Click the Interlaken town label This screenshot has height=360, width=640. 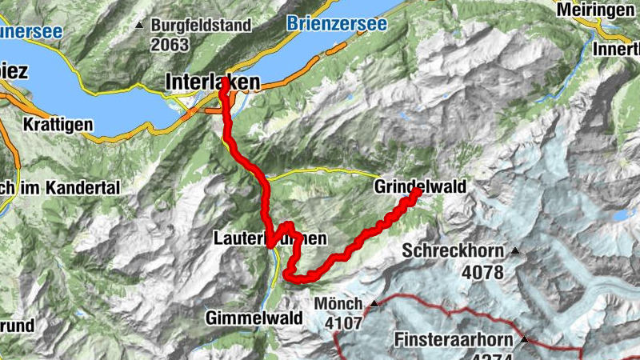tap(212, 82)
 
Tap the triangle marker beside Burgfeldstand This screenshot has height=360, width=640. tap(141, 26)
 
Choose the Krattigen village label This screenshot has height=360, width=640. tap(58, 126)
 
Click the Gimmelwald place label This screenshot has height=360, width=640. tap(254, 318)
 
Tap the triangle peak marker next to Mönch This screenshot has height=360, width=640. tap(373, 304)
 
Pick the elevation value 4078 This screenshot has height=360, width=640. tap(483, 272)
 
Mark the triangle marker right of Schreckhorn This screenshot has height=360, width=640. tap(514, 251)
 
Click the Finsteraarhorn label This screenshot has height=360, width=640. tap(454, 340)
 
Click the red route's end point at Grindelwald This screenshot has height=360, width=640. tap(417, 192)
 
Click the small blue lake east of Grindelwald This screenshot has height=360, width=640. tap(622, 215)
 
